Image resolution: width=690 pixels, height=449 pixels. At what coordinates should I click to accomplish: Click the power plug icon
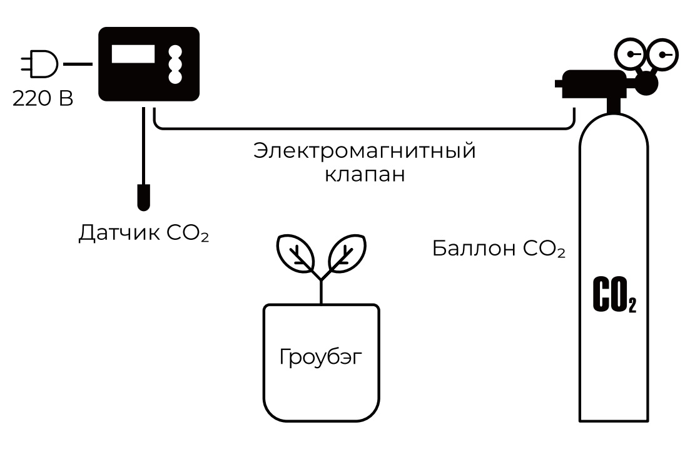pyautogui.click(x=39, y=64)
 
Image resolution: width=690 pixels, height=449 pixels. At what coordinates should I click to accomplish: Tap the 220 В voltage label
pyautogui.click(x=43, y=98)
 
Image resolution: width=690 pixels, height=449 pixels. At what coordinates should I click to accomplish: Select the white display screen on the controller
pyautogui.click(x=133, y=54)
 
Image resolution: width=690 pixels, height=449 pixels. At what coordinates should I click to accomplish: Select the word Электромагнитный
pyautogui.click(x=365, y=152)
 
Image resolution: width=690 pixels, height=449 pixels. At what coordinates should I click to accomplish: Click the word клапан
pyautogui.click(x=365, y=174)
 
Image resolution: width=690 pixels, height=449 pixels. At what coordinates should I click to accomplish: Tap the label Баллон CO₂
pyautogui.click(x=499, y=249)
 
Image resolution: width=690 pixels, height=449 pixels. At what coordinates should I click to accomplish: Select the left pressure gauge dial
pyautogui.click(x=630, y=54)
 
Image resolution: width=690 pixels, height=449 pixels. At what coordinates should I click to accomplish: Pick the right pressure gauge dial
pyautogui.click(x=663, y=54)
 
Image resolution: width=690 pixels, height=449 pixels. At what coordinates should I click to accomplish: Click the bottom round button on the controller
pyautogui.click(x=176, y=78)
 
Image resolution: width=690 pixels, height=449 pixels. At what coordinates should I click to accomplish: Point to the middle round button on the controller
pyautogui.click(x=176, y=65)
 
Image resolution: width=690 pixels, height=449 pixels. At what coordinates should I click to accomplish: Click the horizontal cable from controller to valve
pyautogui.click(x=363, y=130)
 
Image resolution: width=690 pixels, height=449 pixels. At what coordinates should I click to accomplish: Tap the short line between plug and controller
pyautogui.click(x=78, y=64)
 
